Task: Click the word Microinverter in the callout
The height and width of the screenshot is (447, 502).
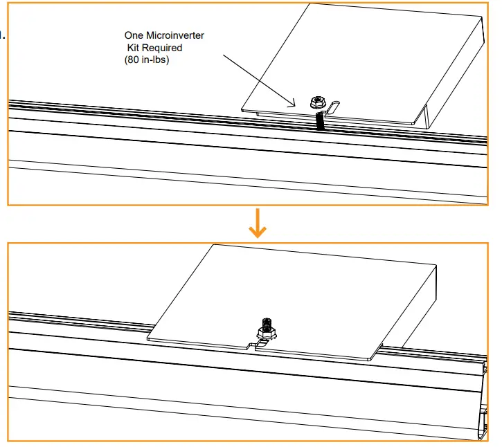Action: (175, 35)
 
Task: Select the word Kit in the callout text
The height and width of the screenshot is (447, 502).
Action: (134, 48)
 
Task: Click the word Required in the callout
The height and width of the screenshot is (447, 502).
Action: (163, 48)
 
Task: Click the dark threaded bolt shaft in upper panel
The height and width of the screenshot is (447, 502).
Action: (319, 120)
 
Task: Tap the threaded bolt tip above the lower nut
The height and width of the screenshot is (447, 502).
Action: (267, 322)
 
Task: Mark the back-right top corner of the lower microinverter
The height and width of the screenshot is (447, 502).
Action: (436, 264)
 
